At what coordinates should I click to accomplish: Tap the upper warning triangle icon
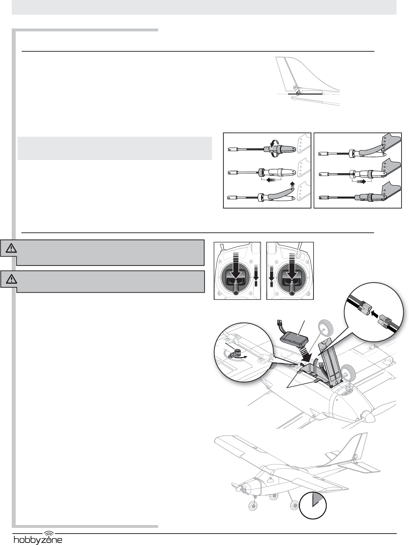tap(11, 248)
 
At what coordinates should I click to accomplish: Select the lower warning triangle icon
tap(11, 279)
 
